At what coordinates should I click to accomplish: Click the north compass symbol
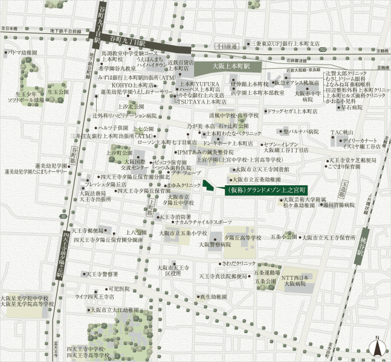click(378, 347)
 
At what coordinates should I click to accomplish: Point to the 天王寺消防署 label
click(176, 216)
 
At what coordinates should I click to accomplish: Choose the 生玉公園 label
click(59, 92)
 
